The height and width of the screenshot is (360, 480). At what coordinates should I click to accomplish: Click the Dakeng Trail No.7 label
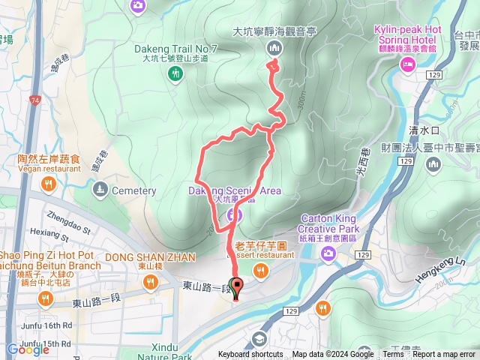point(175,48)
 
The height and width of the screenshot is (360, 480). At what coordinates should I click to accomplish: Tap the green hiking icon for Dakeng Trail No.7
point(175,73)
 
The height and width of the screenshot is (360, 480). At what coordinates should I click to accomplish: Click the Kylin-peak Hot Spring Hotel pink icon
point(408,66)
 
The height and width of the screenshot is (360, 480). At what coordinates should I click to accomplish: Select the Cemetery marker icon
point(101,190)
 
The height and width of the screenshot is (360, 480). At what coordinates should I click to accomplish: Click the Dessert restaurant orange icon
point(259,272)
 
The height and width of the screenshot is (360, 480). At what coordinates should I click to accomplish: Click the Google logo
point(28,349)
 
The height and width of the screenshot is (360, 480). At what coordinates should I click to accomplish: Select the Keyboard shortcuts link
point(250,355)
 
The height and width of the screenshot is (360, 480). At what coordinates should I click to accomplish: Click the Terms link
point(392,355)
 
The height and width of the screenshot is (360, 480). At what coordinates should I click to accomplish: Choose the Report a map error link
point(445,355)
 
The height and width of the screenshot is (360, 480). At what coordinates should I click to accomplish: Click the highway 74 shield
point(37,99)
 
